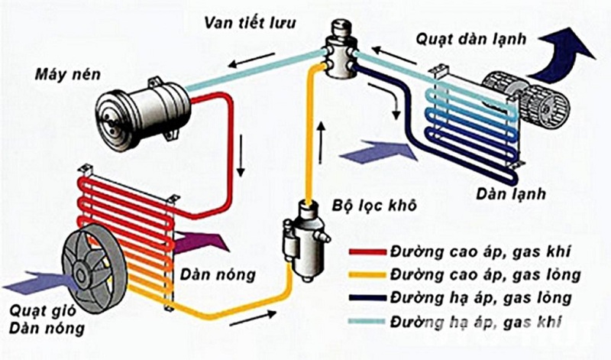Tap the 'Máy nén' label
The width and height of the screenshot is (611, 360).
click(x=63, y=76)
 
